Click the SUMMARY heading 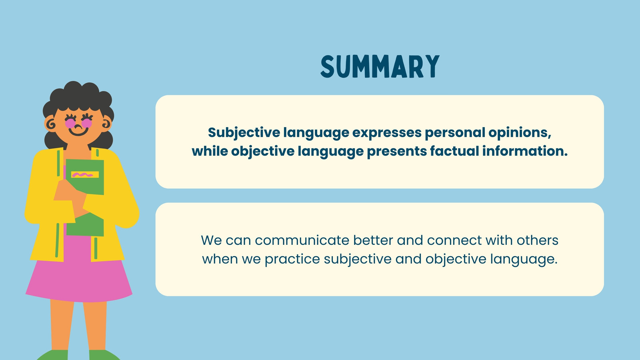point(380,66)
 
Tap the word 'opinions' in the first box point(520,133)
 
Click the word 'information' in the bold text point(525,151)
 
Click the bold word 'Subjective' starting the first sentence point(244,133)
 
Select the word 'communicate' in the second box point(302,240)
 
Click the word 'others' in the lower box point(538,240)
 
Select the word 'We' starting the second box point(212,240)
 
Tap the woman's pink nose point(78,126)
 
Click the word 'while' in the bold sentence point(210,151)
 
